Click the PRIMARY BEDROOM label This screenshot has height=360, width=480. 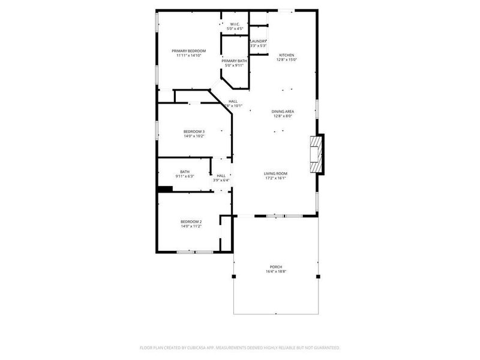click(x=189, y=51)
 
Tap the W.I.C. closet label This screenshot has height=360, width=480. click(x=235, y=24)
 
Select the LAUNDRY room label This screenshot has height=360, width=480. click(x=259, y=41)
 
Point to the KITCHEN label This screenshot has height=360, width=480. click(x=286, y=55)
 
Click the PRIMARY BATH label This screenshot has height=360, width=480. click(x=233, y=61)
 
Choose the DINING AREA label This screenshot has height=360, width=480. click(x=282, y=111)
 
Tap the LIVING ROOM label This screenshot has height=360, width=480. click(x=275, y=173)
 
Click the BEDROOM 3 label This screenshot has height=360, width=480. click(x=194, y=131)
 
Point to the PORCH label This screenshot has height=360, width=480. click(x=276, y=267)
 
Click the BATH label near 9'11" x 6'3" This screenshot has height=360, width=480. click(x=185, y=172)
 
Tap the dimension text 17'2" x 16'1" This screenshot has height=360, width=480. click(x=275, y=178)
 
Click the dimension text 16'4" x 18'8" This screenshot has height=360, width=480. click(x=276, y=272)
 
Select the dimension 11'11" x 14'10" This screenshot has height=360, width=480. click(x=189, y=56)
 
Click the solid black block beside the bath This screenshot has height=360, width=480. click(x=165, y=189)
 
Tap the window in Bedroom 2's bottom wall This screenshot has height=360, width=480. click(x=196, y=251)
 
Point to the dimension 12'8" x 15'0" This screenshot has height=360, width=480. click(x=286, y=59)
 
